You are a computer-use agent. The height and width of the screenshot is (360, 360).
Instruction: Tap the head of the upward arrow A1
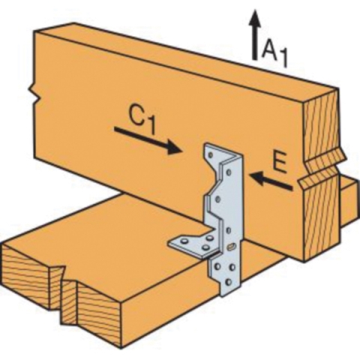(254, 18)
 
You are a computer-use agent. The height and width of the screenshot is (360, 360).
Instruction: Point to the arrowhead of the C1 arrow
(174, 148)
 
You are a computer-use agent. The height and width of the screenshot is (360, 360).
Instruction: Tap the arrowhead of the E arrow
(257, 178)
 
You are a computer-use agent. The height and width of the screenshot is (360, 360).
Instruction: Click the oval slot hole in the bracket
(230, 247)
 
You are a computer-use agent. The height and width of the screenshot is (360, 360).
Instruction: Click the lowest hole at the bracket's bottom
(228, 282)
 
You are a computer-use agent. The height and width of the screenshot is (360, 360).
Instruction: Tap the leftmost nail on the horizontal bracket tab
(184, 241)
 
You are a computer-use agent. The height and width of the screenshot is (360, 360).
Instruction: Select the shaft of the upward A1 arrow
(254, 43)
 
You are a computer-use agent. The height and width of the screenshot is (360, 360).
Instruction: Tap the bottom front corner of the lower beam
(121, 348)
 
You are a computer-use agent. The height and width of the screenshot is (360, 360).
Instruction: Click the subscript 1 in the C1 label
(151, 127)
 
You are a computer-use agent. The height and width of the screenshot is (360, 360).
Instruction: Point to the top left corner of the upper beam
(34, 31)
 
